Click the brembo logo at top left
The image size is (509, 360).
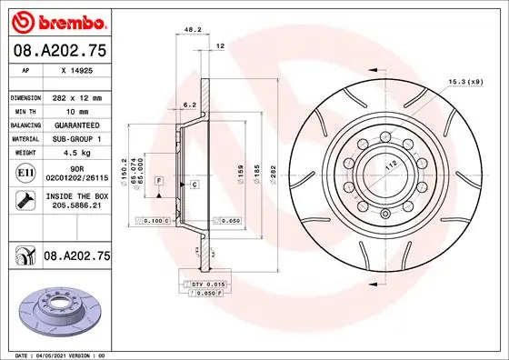pos(58,21)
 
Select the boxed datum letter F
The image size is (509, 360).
pos(159,182)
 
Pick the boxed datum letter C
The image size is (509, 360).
pos(195,185)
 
